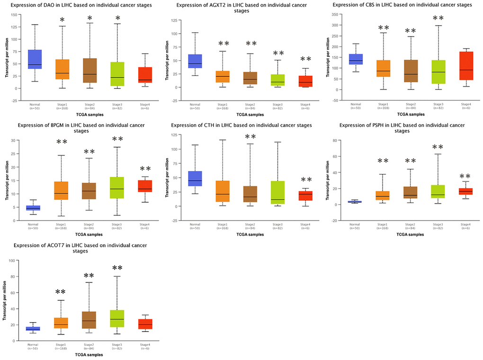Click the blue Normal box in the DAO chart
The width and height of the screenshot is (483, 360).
click(35, 59)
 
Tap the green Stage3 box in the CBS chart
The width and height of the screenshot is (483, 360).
click(438, 72)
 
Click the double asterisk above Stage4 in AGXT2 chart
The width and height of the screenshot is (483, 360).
click(306, 60)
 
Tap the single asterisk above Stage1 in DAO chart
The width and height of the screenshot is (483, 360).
click(62, 20)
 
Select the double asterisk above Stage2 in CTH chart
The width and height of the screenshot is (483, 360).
click(250, 137)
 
